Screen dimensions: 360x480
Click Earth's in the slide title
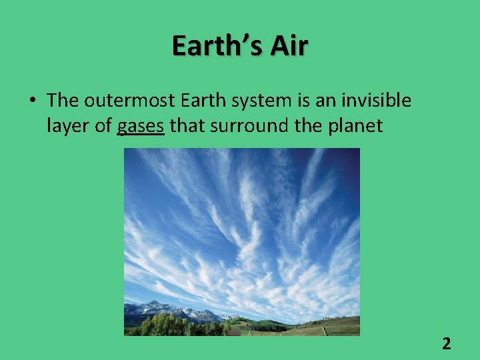tap(212, 46)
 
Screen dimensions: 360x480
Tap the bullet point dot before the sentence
tap(32, 101)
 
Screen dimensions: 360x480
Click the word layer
tap(68, 125)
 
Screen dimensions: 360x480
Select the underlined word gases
tap(140, 125)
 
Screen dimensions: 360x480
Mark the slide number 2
tap(446, 344)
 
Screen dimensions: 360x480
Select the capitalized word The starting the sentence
tap(63, 101)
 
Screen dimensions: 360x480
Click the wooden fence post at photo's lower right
tap(324, 330)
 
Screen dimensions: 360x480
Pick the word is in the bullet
tap(307, 101)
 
